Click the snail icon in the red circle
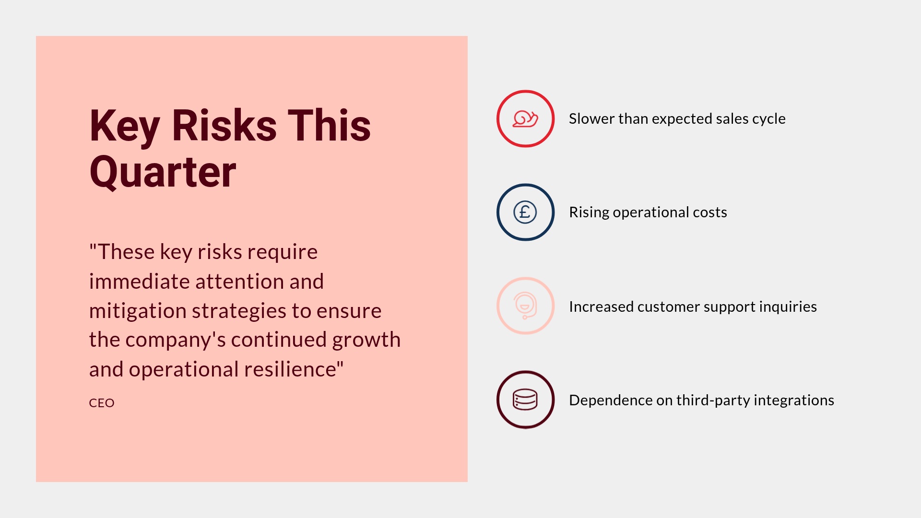[525, 118]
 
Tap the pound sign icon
[525, 212]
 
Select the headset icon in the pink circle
[525, 306]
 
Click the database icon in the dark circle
[525, 400]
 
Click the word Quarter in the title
[163, 173]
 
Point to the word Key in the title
[124, 126]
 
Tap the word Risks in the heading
[224, 126]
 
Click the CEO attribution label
[102, 403]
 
